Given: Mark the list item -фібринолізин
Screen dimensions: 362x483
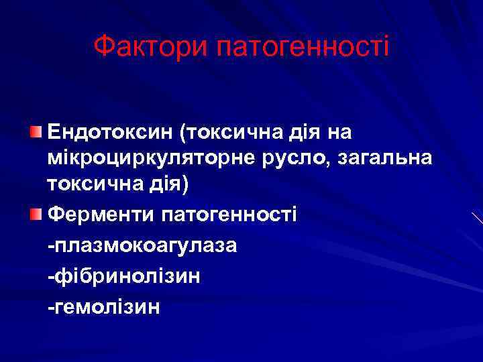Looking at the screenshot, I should click(122, 276).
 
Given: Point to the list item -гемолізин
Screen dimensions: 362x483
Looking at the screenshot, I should click(103, 306).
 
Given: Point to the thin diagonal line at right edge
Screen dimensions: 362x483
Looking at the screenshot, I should click(477, 217).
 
